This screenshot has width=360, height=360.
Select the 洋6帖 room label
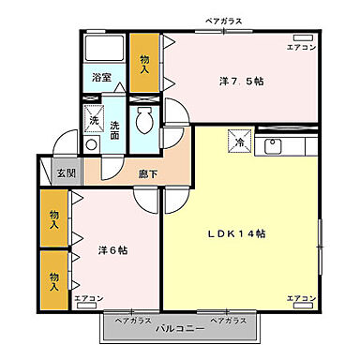click(112, 250)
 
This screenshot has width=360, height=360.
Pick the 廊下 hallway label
click(148, 173)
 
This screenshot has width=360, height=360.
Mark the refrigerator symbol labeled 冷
click(239, 143)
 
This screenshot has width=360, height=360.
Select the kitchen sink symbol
click(274, 146)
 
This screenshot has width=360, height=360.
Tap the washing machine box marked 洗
click(94, 120)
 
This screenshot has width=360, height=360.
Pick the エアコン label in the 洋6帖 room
click(89, 298)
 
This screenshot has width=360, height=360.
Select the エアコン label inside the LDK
click(302, 298)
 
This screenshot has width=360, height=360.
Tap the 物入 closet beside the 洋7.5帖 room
click(145, 62)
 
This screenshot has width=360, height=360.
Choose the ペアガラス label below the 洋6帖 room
click(132, 321)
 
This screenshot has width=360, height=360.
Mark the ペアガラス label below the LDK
click(230, 321)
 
